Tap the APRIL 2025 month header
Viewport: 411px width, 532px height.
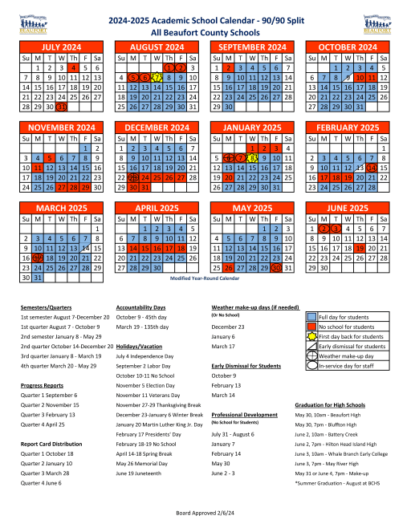click(158, 208)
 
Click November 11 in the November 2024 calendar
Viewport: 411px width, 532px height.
click(38, 168)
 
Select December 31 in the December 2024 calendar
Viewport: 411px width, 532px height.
click(146, 187)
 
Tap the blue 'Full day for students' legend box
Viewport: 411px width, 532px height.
click(311, 318)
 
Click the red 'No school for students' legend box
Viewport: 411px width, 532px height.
click(311, 327)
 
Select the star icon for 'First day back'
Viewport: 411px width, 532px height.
click(311, 336)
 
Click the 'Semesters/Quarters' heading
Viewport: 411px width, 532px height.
click(43, 307)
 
